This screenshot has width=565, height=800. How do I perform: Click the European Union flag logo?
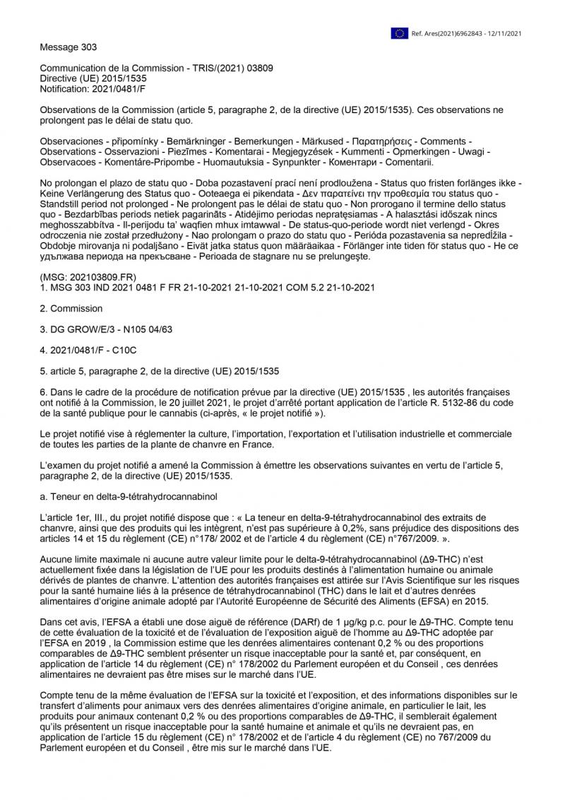[400, 33]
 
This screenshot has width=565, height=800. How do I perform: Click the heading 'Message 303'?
[69, 47]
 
